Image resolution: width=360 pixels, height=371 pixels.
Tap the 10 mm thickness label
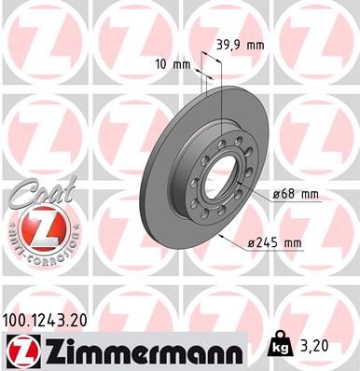tap(174, 64)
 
